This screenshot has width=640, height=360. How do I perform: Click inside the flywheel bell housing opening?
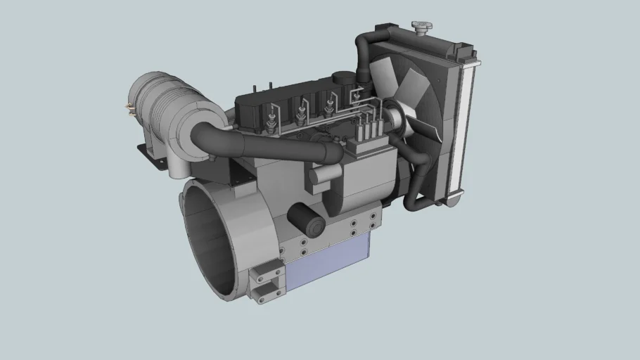coord(211,239)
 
